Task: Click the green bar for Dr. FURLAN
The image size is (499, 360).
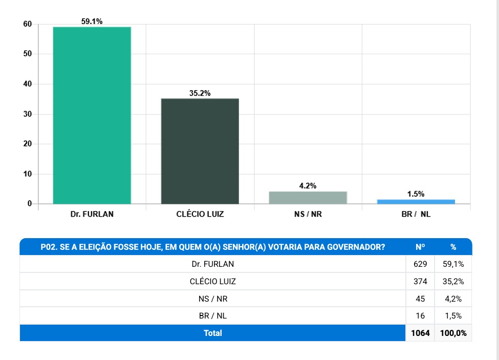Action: tap(92, 115)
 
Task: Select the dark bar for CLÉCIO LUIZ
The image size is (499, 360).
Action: tap(200, 151)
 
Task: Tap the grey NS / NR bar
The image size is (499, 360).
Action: tap(308, 198)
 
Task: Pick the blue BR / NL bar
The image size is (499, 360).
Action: tap(416, 201)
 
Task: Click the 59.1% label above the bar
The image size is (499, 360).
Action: tap(92, 21)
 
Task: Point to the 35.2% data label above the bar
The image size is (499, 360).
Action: tap(200, 93)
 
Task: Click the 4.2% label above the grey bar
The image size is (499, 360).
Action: tap(308, 186)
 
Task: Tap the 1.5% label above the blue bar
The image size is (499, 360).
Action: tap(416, 194)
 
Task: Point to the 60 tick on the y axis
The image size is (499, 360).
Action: tap(27, 24)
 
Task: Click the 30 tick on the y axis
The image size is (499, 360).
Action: tap(27, 114)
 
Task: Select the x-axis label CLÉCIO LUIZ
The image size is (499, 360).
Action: tap(200, 214)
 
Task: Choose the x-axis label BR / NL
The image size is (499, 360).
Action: tap(416, 214)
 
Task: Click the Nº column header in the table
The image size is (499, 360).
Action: tap(421, 247)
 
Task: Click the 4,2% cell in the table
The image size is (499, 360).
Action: tap(453, 299)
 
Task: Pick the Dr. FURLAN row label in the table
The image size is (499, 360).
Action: tap(213, 264)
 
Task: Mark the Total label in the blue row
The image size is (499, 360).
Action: tap(213, 333)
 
